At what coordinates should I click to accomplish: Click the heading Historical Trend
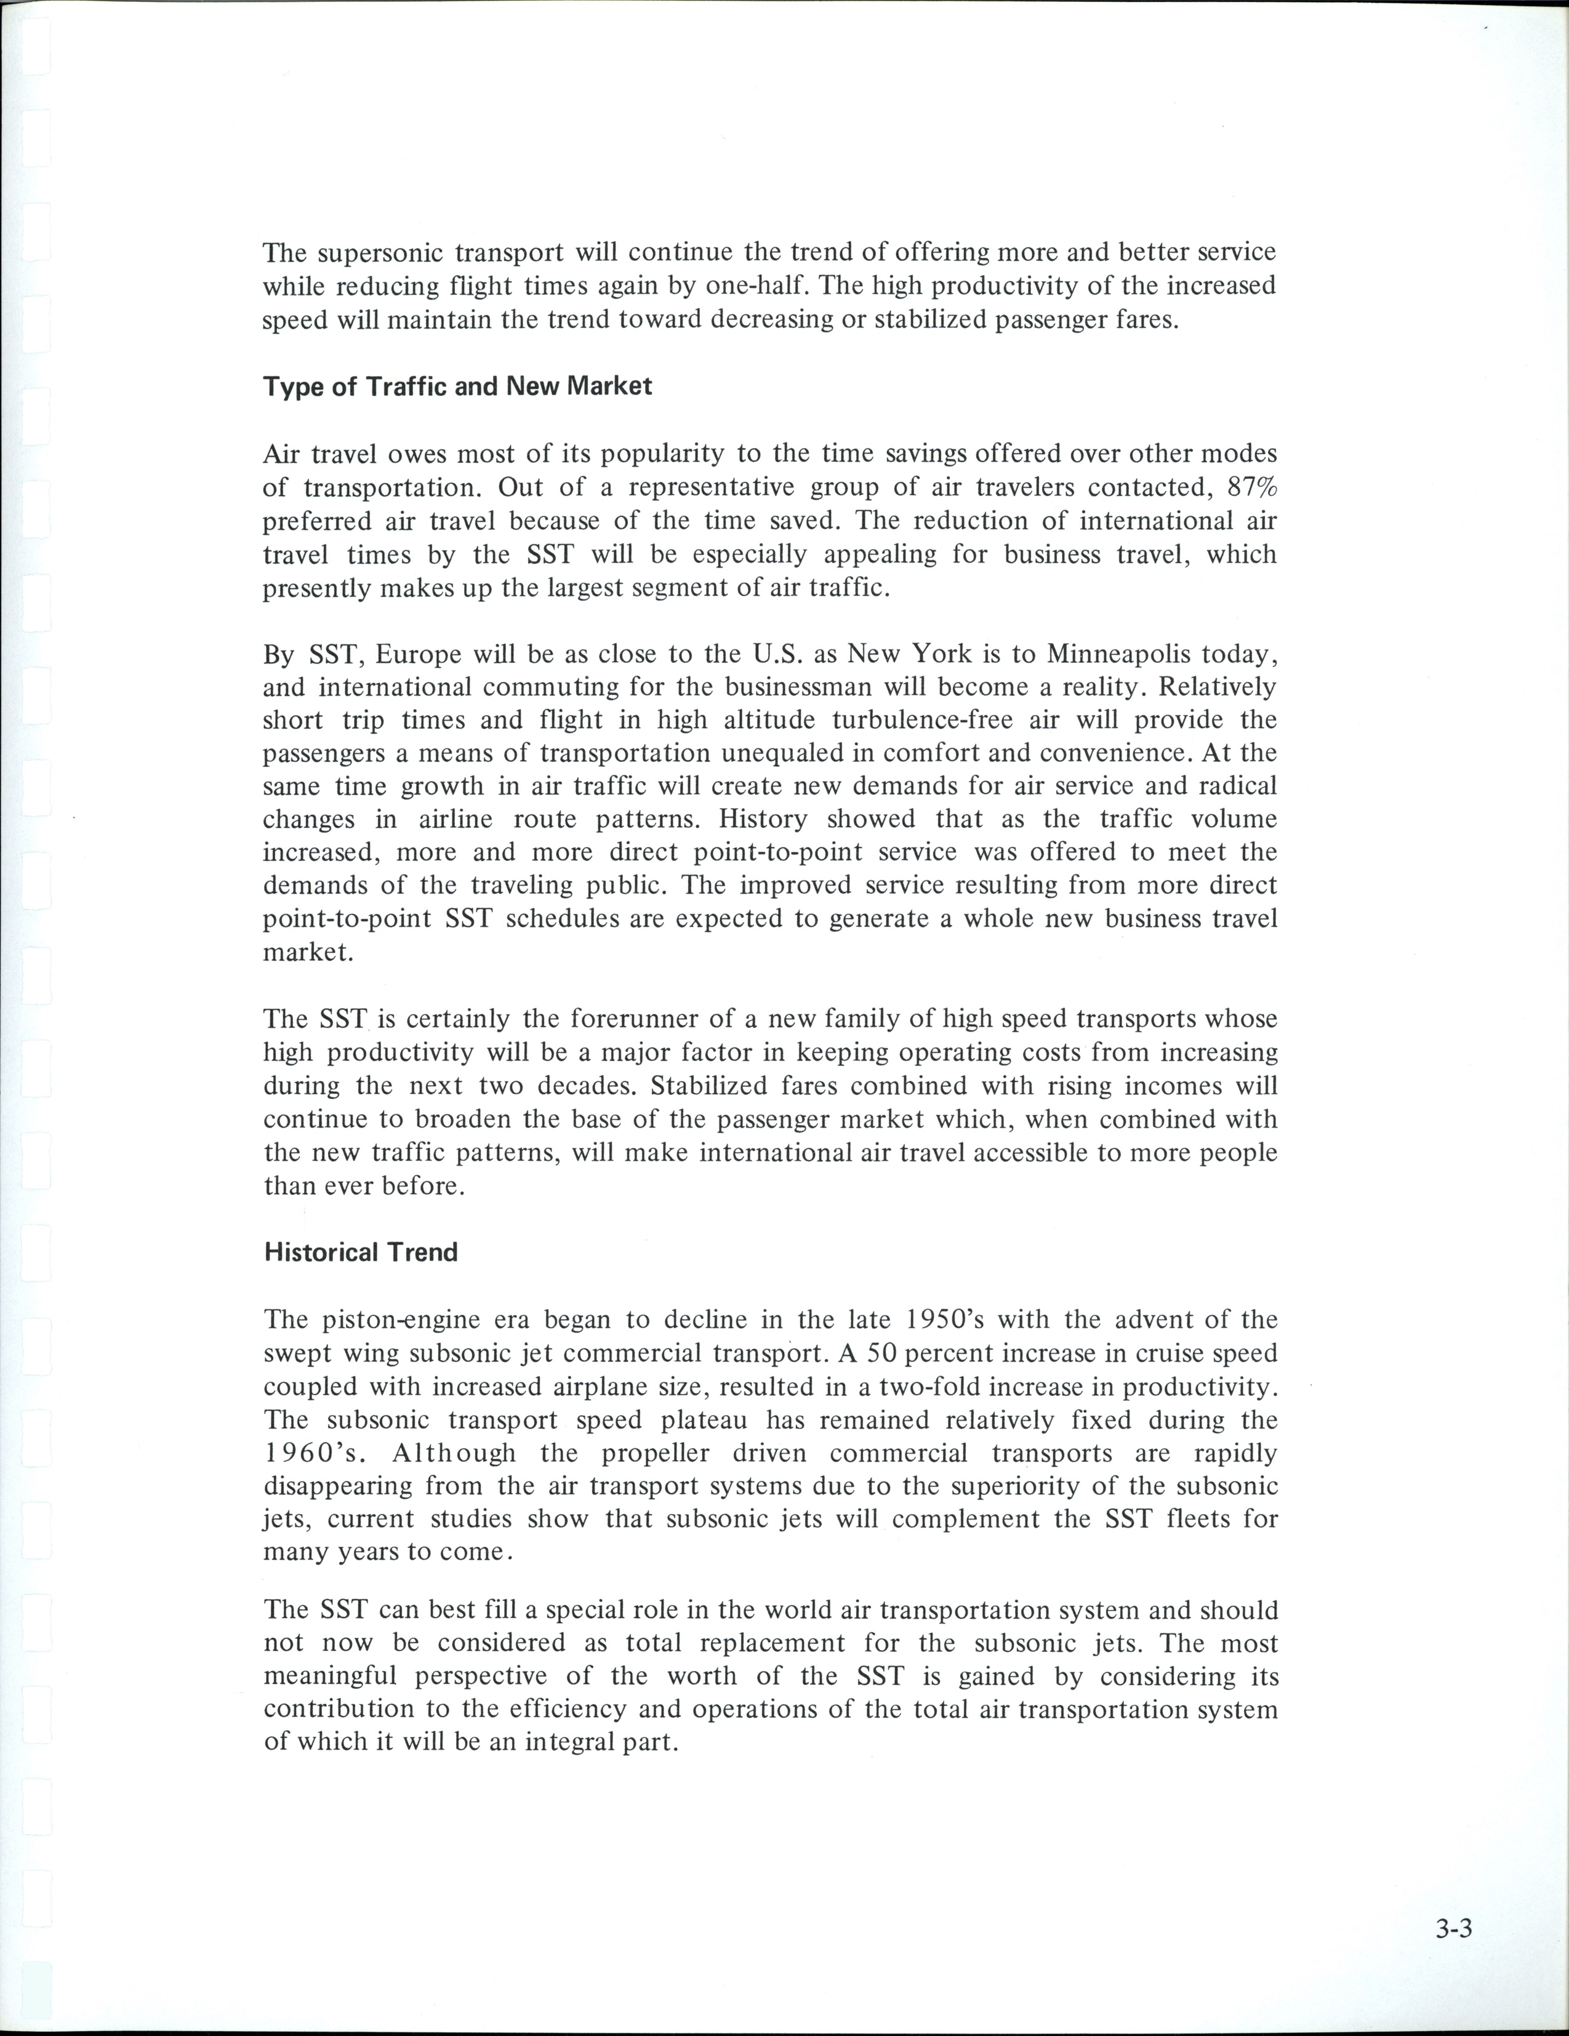[361, 1252]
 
